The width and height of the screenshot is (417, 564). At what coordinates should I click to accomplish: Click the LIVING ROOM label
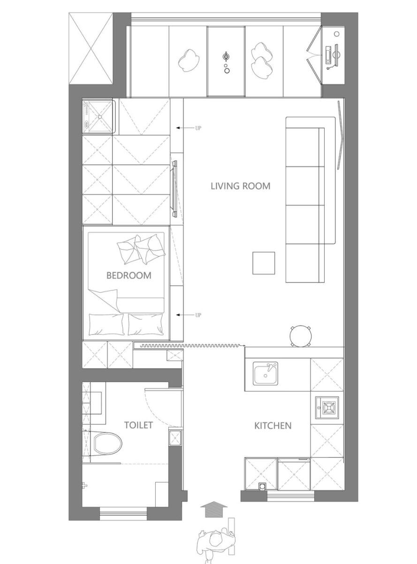240,186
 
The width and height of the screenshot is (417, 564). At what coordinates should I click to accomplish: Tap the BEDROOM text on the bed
129,275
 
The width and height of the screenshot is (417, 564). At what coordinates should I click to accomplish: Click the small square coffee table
264,263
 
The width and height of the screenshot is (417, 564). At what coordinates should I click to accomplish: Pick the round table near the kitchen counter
301,336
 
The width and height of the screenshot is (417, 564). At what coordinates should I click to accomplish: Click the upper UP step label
198,128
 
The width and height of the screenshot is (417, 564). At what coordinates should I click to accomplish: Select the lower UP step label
198,315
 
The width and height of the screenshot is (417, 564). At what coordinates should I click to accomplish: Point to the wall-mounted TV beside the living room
175,188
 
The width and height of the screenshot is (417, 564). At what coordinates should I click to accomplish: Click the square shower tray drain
100,117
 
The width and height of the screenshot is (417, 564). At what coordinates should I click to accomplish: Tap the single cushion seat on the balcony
189,61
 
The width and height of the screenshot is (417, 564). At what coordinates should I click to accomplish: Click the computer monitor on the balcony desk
337,55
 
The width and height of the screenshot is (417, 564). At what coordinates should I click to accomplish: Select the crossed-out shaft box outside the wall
91,49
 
